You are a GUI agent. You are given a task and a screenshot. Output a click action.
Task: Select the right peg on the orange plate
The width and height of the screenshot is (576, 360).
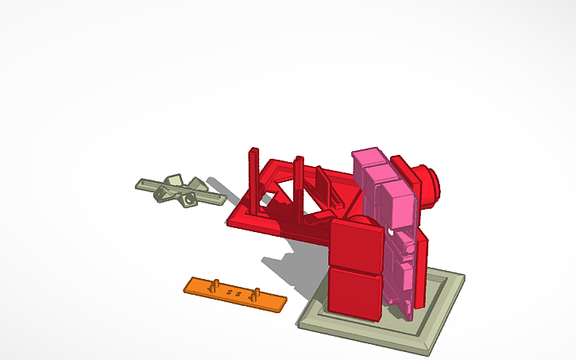(256, 294)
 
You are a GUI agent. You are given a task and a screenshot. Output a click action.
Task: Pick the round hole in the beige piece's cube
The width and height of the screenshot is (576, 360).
(189, 199)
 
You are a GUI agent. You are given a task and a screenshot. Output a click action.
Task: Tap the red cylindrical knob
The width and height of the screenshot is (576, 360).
(430, 184)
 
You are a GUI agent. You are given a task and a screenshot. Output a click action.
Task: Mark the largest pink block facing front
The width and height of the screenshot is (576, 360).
(396, 203)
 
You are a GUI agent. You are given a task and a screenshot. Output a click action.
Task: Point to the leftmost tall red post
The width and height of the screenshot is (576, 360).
(253, 179)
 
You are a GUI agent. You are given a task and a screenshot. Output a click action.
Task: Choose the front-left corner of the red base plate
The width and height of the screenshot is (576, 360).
(232, 221)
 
